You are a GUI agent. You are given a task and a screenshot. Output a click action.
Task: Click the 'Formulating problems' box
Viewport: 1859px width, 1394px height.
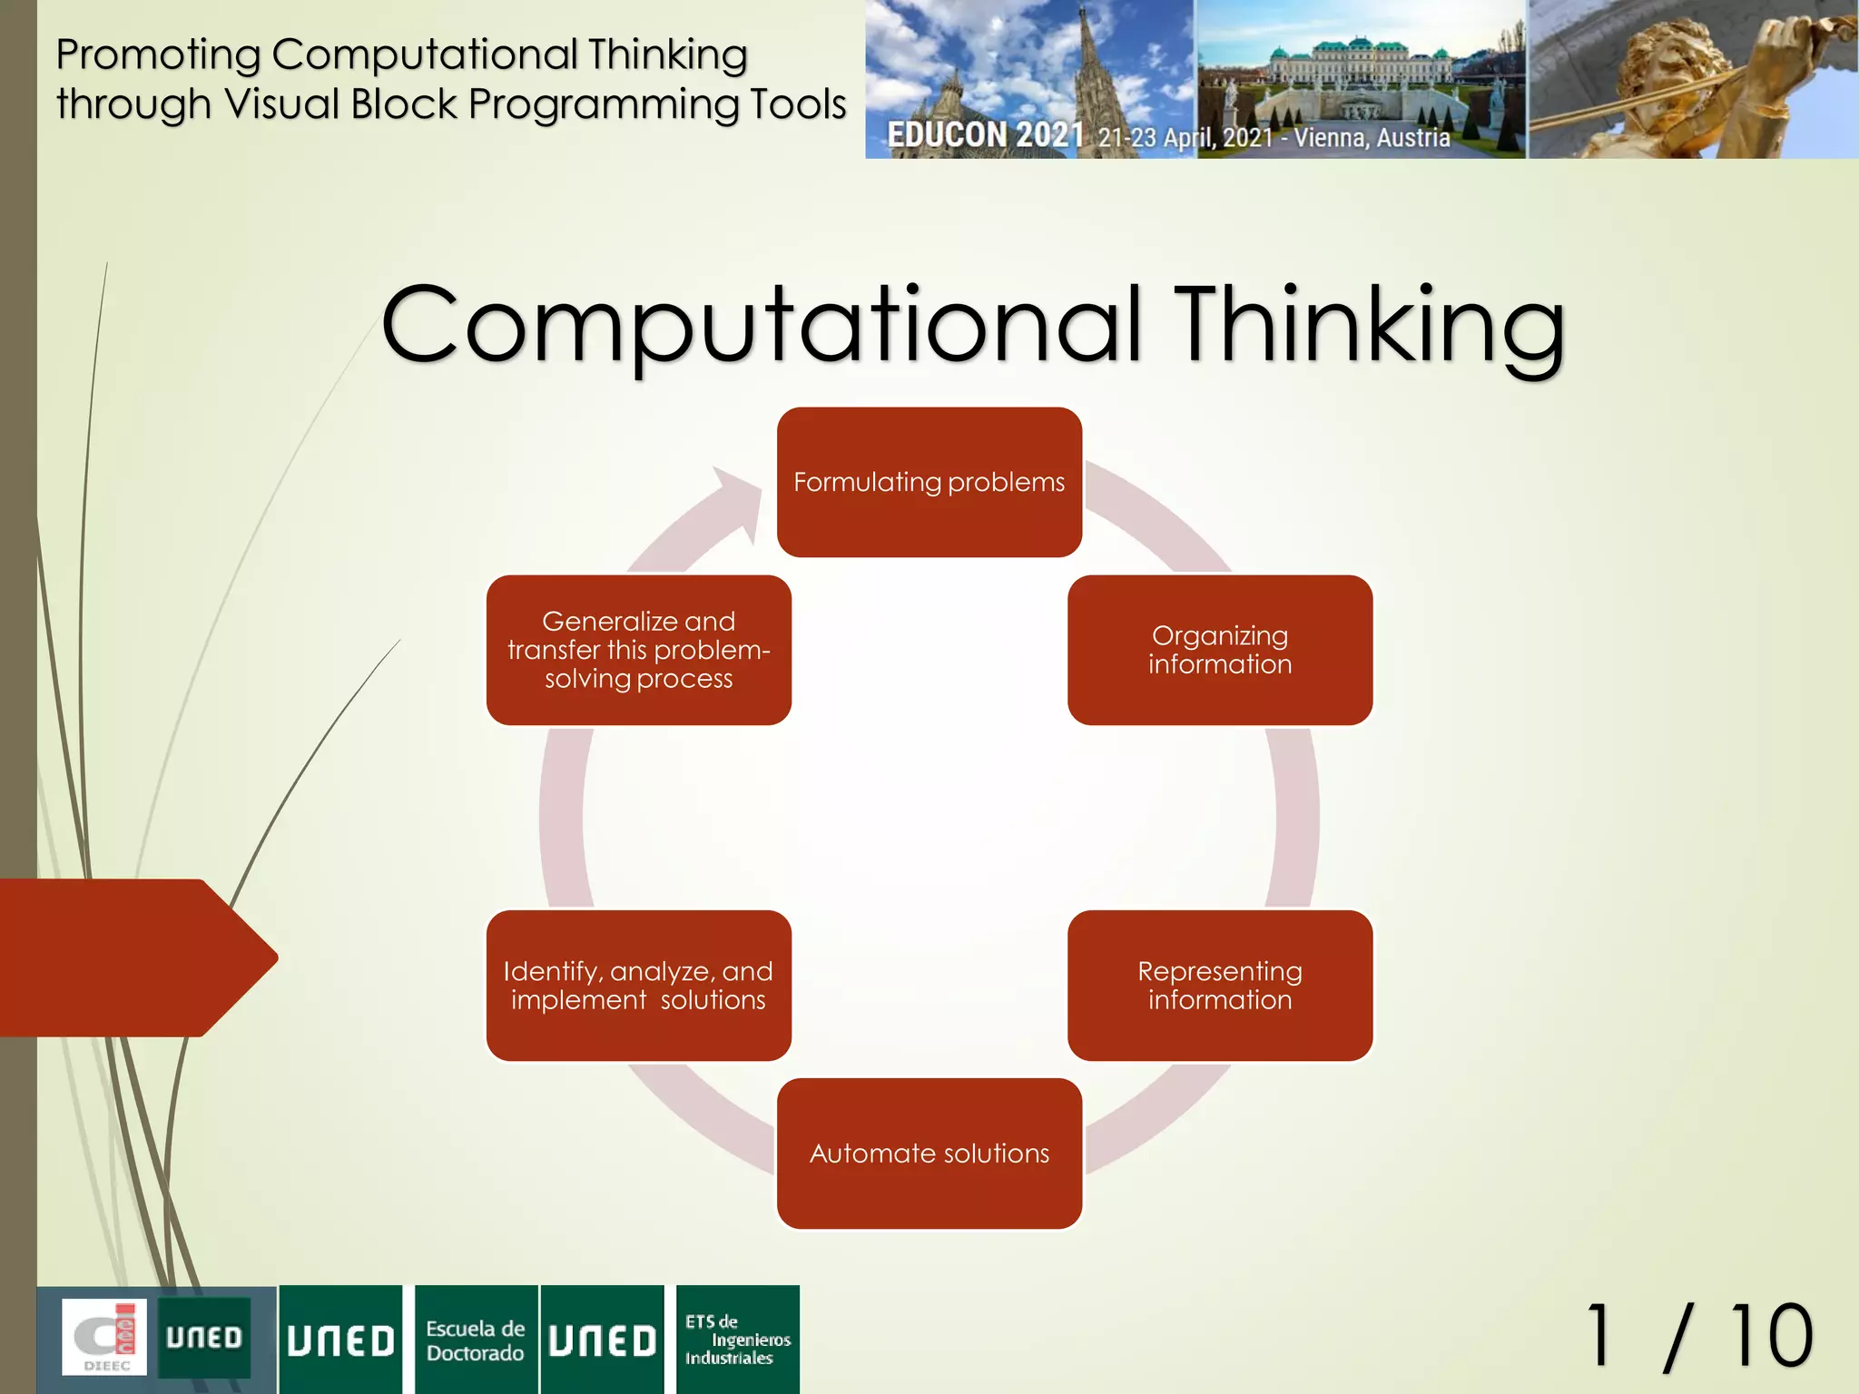coord(929,482)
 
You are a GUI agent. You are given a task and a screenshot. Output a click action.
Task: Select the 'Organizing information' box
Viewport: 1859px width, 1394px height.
coord(1219,650)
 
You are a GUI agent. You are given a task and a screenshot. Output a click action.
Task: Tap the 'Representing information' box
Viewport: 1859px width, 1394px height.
coord(1219,986)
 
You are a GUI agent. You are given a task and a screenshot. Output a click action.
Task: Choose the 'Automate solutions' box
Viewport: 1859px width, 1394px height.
coord(929,1153)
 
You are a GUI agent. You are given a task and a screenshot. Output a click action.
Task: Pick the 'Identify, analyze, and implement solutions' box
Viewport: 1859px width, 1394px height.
coord(638,986)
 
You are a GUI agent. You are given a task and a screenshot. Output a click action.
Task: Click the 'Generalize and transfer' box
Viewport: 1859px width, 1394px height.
coord(638,650)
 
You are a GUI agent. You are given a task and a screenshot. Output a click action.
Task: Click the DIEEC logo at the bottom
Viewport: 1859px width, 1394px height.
coord(104,1338)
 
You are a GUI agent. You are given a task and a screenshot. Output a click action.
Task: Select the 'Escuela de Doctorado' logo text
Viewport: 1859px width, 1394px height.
coord(476,1340)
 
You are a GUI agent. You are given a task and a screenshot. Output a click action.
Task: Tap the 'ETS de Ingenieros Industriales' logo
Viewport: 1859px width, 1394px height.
coord(737,1340)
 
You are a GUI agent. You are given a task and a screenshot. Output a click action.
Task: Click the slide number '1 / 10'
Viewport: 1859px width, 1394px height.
coord(1698,1336)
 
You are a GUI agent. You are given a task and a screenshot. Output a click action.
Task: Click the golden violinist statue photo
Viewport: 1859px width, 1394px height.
coord(1693,79)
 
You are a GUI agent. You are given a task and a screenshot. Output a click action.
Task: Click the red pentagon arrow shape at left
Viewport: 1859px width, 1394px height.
coord(136,957)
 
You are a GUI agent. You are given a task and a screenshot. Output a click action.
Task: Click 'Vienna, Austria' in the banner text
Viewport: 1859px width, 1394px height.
coord(1372,138)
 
